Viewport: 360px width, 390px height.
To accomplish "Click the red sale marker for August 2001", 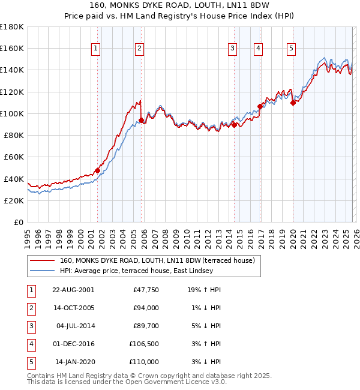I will click(x=97, y=170).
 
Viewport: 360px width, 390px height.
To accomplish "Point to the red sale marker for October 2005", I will click(x=141, y=120).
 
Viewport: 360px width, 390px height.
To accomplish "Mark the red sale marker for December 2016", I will click(x=260, y=106).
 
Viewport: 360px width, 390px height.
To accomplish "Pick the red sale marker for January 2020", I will click(x=293, y=103).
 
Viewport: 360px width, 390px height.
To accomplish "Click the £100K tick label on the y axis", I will click(x=12, y=113).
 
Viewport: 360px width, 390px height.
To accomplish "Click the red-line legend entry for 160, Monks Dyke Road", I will click(x=157, y=260).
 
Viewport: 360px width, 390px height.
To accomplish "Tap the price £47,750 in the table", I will click(x=145, y=290).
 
